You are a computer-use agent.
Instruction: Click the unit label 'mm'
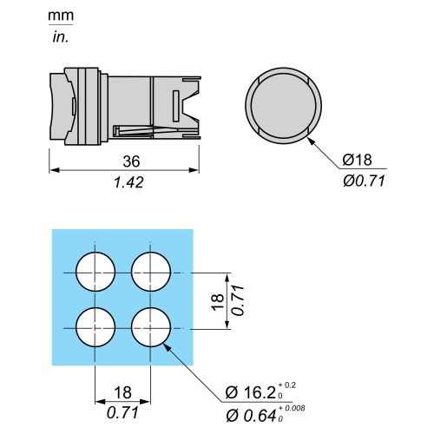pos(61,16)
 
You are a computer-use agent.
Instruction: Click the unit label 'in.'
pos(61,37)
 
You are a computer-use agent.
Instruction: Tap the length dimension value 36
pos(131,161)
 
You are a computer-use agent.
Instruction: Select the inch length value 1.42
pos(128,182)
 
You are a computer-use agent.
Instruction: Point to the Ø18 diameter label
pos(357,160)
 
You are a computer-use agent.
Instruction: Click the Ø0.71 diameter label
pos(364,181)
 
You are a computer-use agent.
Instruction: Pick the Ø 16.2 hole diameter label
pos(250,392)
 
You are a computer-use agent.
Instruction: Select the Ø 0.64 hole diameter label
pos(251,416)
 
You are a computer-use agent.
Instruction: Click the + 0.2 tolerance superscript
pos(287,385)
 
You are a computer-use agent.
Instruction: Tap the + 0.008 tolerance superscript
pos(292,408)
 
